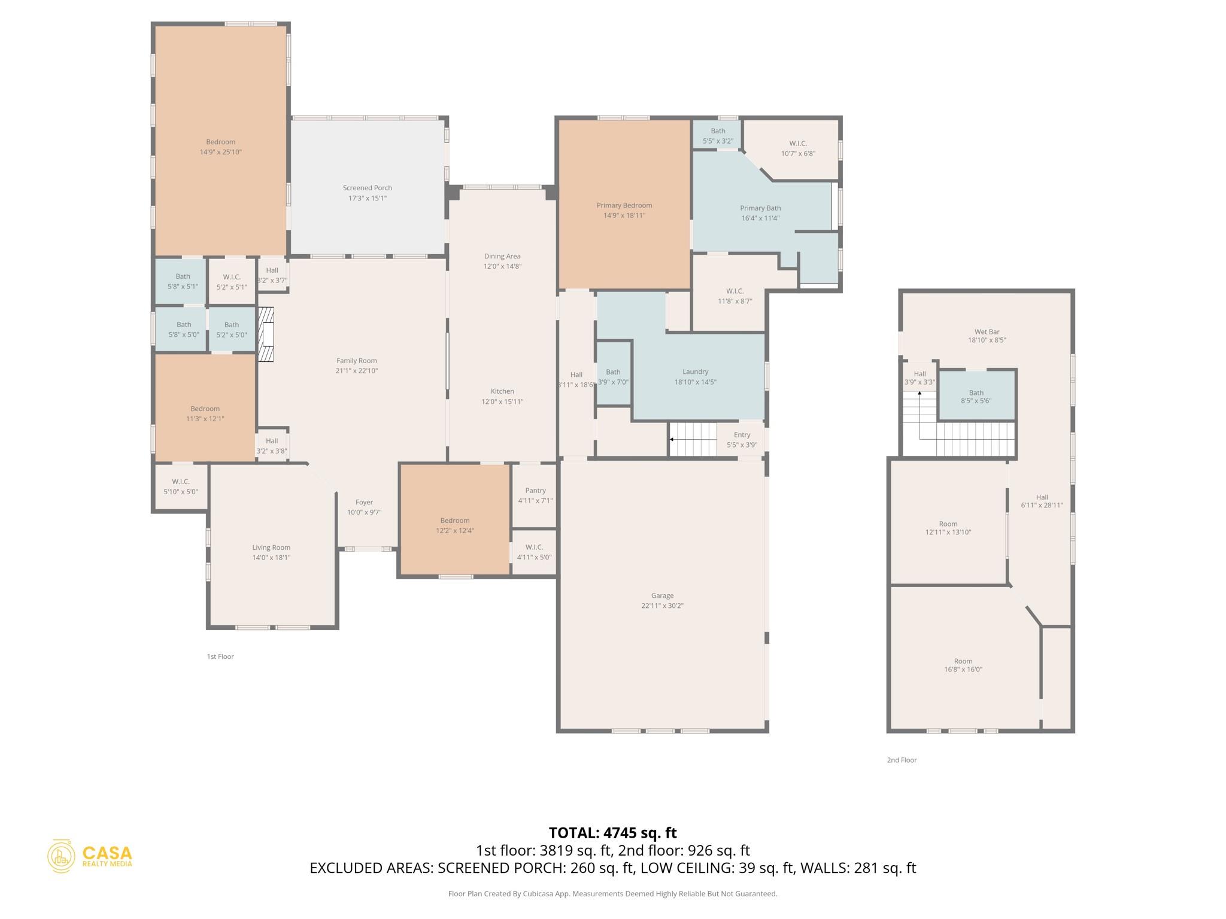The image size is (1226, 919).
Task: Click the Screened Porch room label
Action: point(367,188)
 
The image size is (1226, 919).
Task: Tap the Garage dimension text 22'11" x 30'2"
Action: point(662,605)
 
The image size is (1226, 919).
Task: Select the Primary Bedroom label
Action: point(624,205)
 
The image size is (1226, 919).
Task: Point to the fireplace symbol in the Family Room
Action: point(266,334)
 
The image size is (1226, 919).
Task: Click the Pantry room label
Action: point(535,491)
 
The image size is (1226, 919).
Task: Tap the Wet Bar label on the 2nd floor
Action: point(987,331)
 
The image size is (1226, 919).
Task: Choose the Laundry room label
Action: point(695,372)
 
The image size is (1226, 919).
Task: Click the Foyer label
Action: point(364,503)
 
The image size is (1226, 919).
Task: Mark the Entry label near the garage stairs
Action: point(742,435)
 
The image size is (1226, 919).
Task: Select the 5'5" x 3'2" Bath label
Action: point(718,131)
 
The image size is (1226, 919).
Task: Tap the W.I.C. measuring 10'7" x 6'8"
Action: point(798,144)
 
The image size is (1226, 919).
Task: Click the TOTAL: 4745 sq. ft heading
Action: point(612,833)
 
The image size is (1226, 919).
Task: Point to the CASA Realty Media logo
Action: point(90,856)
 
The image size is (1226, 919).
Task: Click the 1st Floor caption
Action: point(220,656)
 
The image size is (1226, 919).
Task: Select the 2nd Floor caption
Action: point(902,760)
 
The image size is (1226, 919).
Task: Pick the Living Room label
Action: point(271,547)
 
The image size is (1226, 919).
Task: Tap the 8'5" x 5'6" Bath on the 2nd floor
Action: point(976,393)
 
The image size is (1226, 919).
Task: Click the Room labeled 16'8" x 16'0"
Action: point(963,661)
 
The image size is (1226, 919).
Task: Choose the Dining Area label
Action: point(502,256)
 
